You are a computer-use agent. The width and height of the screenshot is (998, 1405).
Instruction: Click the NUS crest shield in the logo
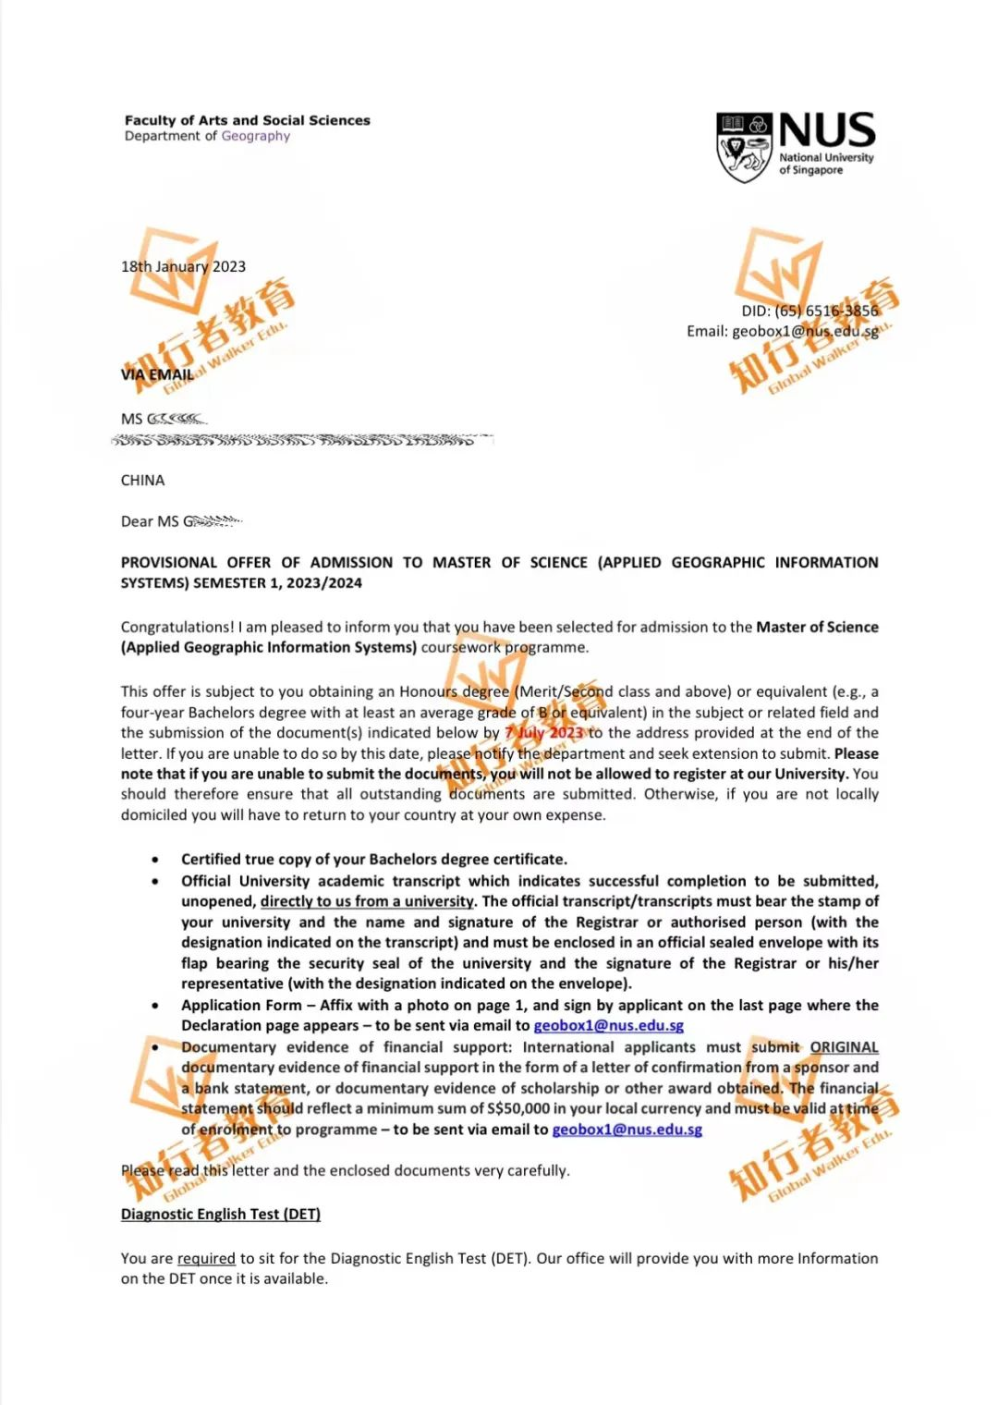point(744,147)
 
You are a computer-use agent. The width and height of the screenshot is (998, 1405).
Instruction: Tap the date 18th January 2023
point(183,266)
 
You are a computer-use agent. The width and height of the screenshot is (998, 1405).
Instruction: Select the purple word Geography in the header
point(255,136)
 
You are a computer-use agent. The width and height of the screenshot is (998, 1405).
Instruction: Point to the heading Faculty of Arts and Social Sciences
point(247,120)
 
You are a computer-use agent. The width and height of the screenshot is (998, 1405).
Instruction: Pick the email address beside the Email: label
point(805,331)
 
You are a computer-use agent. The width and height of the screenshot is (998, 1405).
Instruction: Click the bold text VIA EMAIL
point(157,374)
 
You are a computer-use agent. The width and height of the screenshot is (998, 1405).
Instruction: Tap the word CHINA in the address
point(142,481)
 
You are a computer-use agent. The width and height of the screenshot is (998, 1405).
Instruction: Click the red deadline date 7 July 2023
point(544,733)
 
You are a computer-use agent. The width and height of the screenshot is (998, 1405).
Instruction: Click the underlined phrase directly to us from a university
point(367,901)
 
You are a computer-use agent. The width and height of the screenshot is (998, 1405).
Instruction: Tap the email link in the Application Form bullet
point(608,1025)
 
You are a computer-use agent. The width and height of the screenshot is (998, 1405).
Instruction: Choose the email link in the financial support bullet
point(627,1130)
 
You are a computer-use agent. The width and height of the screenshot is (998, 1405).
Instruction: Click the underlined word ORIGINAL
point(844,1047)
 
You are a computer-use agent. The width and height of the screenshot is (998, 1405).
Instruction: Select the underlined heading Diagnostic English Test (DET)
point(220,1215)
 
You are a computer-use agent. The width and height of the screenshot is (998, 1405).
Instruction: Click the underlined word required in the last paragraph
point(206,1258)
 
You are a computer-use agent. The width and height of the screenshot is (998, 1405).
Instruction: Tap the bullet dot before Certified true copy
point(155,860)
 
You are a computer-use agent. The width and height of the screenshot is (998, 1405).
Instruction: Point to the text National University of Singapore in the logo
point(825,164)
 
